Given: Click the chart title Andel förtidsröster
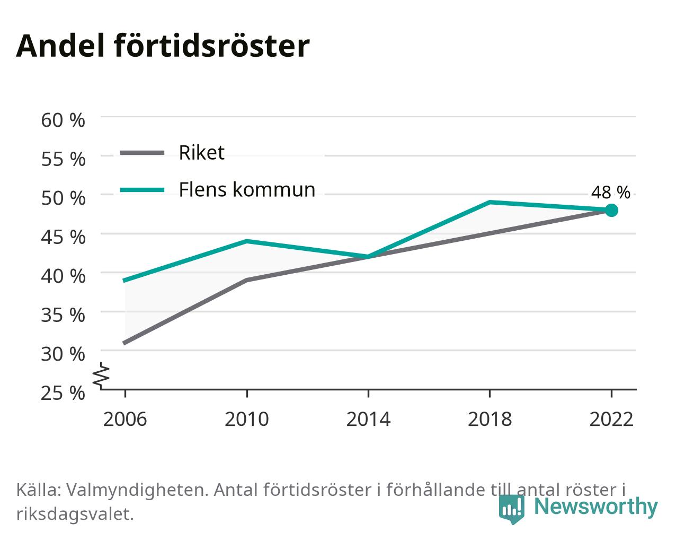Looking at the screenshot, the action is [x=163, y=46].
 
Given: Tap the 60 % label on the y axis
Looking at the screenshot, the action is [x=63, y=120].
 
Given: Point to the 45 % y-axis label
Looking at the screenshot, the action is [x=63, y=237].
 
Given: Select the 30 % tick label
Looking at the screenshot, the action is [x=63, y=354].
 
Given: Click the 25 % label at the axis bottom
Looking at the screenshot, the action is [x=63, y=393].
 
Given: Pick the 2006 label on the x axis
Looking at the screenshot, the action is [x=125, y=419].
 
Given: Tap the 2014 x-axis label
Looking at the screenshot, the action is [x=368, y=419].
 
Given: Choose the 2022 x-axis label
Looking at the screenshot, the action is [x=611, y=419].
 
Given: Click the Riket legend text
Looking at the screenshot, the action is [x=202, y=153].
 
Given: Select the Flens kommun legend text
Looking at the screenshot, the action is [x=247, y=190].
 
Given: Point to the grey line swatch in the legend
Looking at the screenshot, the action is [x=143, y=153].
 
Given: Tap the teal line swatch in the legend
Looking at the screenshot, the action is [x=143, y=190].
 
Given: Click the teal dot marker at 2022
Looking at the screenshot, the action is [x=611, y=210].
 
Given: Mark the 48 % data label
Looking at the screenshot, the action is [x=611, y=192].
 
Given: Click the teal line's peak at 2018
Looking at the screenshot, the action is [x=490, y=202].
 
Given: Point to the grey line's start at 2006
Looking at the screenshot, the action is [x=125, y=343].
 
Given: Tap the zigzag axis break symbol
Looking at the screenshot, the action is [x=101, y=374].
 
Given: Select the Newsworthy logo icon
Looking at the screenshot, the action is [x=511, y=508].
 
